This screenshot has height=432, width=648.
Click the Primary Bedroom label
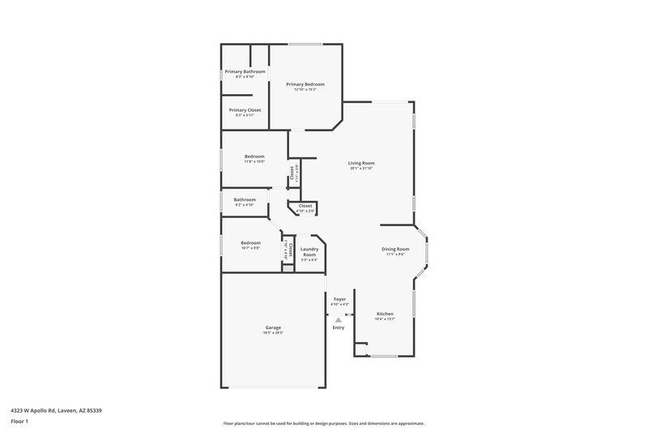click(x=305, y=84)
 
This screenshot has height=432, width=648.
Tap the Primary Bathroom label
click(x=245, y=71)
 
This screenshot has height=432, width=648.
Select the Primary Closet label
click(x=245, y=109)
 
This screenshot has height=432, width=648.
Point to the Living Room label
click(x=362, y=163)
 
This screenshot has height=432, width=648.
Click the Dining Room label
click(x=395, y=249)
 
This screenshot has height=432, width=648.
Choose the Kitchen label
click(x=385, y=314)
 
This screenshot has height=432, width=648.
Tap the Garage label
click(x=272, y=327)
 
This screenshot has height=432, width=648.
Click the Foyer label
click(x=340, y=299)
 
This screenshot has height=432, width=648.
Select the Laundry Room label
click(x=309, y=252)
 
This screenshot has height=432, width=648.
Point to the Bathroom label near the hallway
click(x=245, y=199)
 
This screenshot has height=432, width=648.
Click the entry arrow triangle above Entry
click(x=339, y=320)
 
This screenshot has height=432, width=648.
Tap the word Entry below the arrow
click(x=339, y=327)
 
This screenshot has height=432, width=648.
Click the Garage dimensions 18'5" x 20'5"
click(x=272, y=333)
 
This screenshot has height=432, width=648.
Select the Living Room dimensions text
click(x=362, y=169)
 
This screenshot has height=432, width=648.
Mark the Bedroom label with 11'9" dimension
click(x=254, y=156)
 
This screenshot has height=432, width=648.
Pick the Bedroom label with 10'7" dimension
click(x=250, y=242)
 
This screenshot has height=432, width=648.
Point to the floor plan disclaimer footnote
click(x=323, y=423)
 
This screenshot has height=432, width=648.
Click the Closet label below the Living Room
click(x=305, y=206)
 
